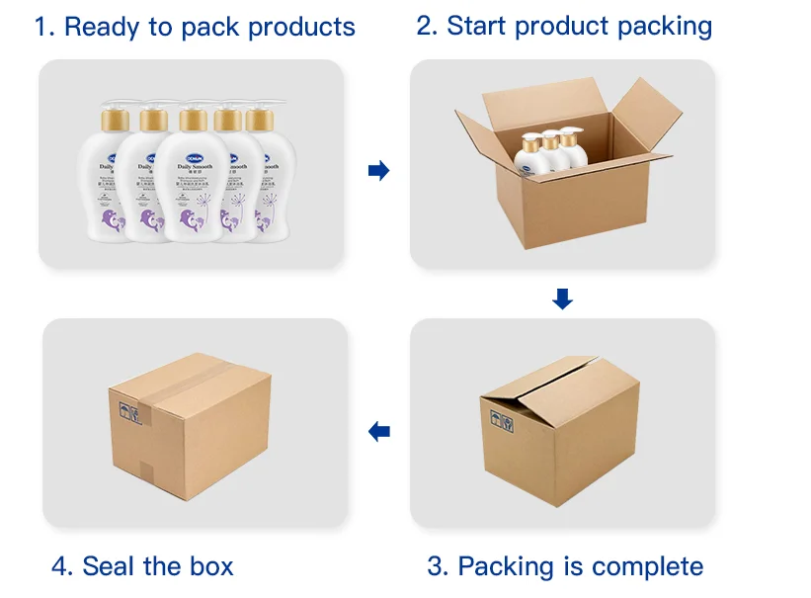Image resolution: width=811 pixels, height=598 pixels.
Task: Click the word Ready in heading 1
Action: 103,27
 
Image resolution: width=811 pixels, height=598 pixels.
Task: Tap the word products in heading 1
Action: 301,27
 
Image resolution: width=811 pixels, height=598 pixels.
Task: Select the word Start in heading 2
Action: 479,26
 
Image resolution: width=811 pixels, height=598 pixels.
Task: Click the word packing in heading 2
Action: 661,27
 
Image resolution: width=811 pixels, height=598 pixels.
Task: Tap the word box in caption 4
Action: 211,566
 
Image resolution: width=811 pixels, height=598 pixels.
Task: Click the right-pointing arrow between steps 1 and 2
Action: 378,171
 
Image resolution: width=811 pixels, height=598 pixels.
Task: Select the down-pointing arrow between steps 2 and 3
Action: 562,299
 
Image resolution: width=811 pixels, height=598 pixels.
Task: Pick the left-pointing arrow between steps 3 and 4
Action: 378,431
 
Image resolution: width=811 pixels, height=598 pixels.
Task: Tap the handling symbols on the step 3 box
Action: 501,422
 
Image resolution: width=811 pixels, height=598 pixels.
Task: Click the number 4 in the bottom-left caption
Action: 60,566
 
